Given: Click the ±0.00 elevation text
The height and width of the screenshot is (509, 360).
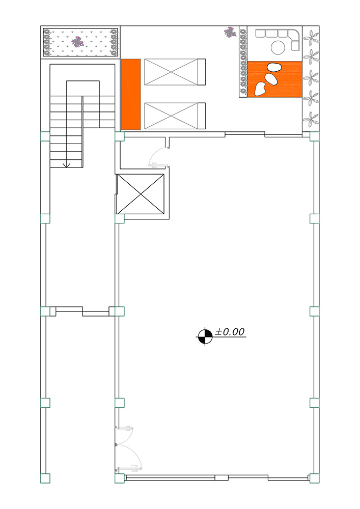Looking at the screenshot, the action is tap(230, 332).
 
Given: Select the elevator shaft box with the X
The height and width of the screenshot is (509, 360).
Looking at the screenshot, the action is tap(140, 194).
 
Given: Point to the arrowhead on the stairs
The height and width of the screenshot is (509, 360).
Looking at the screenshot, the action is tap(67, 165).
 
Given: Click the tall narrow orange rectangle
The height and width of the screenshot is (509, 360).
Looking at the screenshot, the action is tap(131, 94).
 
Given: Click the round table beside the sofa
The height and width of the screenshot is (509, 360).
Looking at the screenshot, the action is tap(278, 47).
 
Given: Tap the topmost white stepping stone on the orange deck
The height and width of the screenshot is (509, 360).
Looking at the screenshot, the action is tap(274, 68).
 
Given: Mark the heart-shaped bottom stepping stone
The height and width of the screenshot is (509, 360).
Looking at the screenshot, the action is tap(260, 89).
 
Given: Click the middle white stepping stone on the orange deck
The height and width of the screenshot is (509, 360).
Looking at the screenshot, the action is tap(270, 79).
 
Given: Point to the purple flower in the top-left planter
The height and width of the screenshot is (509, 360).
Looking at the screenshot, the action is tap(77, 42).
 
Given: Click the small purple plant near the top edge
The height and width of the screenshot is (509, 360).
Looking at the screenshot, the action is tap(230, 32).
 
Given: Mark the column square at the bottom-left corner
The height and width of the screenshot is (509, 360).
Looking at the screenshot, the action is tap(45, 478).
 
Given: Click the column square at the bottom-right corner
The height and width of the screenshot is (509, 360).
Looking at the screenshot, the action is tap(314, 478).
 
